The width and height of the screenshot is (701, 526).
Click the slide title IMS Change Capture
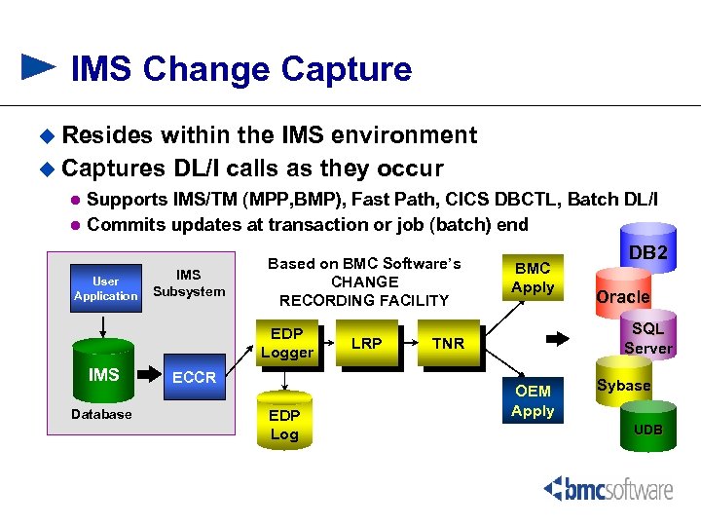pos(241,69)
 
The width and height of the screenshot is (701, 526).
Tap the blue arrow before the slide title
pos(39,67)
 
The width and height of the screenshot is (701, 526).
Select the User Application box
pos(105,288)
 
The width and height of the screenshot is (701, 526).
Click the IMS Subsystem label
pos(189,283)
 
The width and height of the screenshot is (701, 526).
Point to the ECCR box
pos(194,377)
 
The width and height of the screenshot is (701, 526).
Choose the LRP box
pos(366,344)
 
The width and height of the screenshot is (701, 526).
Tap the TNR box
pos(448,344)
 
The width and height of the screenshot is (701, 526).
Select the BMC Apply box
pos(532,278)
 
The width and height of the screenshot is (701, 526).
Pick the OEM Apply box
pos(532,400)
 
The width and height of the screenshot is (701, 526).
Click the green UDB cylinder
pos(647,430)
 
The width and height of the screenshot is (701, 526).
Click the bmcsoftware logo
pos(608,488)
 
